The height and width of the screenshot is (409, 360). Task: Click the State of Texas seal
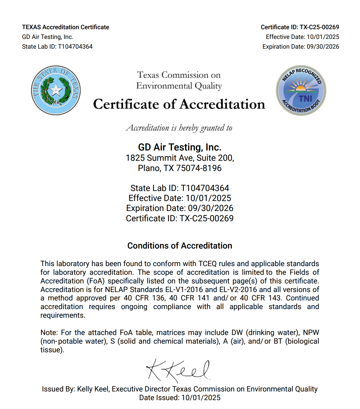pos(56,90)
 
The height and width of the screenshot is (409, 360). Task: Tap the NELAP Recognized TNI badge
pos(301,90)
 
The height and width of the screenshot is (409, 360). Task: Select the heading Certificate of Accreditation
pos(179,104)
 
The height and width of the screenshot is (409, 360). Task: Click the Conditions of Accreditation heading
pos(180,246)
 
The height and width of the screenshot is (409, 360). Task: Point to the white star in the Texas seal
pos(56,90)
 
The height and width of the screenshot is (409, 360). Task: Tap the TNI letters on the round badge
pos(305,99)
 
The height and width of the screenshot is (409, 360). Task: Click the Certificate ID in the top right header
pos(300,27)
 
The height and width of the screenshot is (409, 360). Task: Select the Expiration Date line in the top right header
pos(301,46)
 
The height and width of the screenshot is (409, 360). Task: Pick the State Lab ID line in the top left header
pos(57,46)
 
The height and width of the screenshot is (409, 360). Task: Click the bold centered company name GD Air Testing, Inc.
pos(180,147)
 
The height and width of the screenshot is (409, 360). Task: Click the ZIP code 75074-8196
pos(199,168)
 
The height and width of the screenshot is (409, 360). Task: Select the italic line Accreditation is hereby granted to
pos(179,128)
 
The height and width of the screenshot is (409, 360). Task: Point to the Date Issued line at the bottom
pos(180,398)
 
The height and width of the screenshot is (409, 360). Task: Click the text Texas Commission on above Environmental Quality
pos(179,75)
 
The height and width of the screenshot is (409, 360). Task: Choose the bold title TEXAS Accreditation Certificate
pos(66,27)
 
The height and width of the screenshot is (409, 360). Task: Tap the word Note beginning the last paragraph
pos(49,333)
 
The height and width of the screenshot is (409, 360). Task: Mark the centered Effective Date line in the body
pos(180,198)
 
